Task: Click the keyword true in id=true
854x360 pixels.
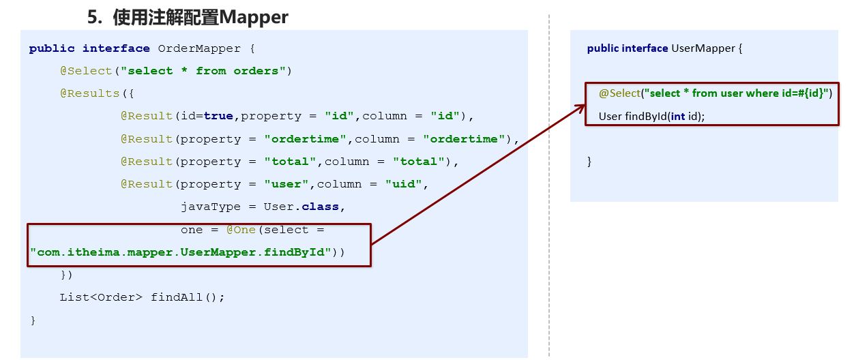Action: (x=218, y=116)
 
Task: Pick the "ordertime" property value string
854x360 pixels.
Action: (x=305, y=139)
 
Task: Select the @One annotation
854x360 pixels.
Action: (x=241, y=230)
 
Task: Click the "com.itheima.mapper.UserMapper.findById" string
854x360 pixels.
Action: (x=181, y=252)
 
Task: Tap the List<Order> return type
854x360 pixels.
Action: (x=101, y=297)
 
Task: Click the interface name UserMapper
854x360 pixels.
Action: (x=704, y=48)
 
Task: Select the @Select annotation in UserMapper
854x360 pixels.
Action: (x=619, y=93)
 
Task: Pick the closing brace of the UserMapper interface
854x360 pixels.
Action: (x=590, y=162)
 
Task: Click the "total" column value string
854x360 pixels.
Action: (x=419, y=162)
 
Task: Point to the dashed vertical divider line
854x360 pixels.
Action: (x=548, y=205)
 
